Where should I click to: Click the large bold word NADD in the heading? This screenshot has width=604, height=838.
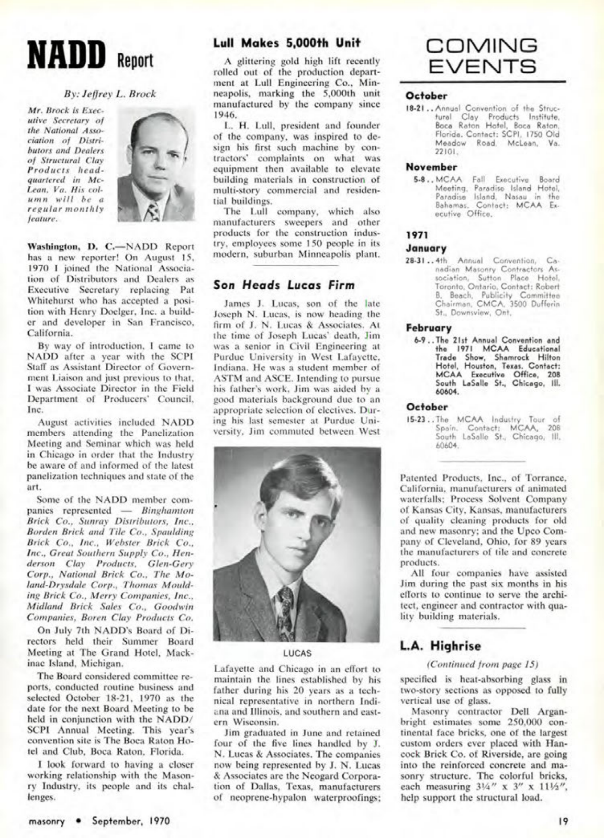pyautogui.click(x=66, y=55)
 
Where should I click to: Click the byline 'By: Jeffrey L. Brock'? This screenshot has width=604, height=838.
pyautogui.click(x=110, y=93)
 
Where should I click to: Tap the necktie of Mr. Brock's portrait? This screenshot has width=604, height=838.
pyautogui.click(x=153, y=211)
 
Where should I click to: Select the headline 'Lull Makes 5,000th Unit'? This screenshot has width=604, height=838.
pyautogui.click(x=287, y=43)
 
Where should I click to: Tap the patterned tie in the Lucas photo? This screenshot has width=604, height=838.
pyautogui.click(x=286, y=609)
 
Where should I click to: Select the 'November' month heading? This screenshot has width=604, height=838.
pyautogui.click(x=431, y=167)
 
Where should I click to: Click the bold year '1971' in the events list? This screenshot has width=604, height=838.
pyautogui.click(x=414, y=234)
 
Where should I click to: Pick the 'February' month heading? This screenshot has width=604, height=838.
pyautogui.click(x=428, y=328)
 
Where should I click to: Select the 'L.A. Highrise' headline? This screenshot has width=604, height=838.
pyautogui.click(x=441, y=646)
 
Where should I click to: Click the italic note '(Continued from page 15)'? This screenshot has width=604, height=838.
pyautogui.click(x=483, y=664)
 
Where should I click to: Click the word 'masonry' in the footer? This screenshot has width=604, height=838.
pyautogui.click(x=46, y=821)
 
